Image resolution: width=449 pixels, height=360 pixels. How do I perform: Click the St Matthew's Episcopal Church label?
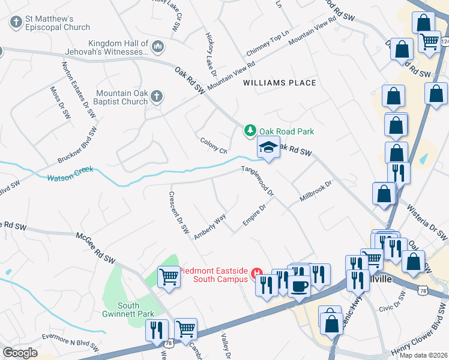coord(58,23)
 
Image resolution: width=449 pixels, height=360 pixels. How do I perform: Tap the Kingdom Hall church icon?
coord(158,46)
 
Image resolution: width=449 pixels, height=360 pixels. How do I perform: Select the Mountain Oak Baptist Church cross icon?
coord(156,96)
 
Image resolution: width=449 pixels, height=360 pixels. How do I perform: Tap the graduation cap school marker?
coord(268,147)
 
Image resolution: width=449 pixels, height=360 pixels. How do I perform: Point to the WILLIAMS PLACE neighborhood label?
coord(279,83)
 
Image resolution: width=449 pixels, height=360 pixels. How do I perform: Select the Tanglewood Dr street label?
coord(258,181)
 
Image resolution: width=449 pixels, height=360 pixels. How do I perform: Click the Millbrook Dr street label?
coord(316,192)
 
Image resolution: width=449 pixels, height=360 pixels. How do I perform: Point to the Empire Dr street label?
coord(253,216)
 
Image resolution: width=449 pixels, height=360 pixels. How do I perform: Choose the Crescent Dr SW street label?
coord(179,212)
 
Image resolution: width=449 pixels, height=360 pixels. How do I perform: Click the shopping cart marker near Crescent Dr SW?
coord(169,277)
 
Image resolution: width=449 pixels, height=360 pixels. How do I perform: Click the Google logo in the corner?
coord(20,353)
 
